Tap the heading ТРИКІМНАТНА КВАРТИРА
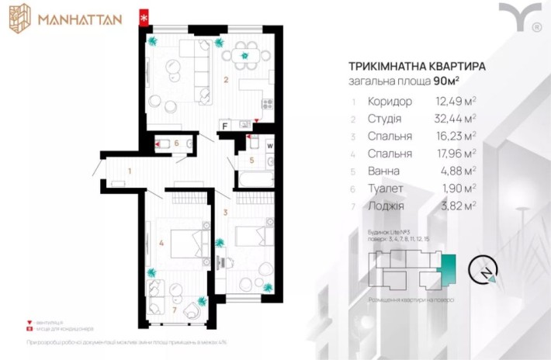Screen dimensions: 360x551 click(x=418, y=67)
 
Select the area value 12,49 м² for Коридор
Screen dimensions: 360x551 click(x=456, y=101)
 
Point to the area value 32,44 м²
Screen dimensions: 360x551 click(x=456, y=118)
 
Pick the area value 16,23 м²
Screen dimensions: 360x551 click(x=456, y=136)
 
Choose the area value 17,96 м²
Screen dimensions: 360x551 click(x=456, y=154)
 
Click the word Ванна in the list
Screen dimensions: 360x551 click(x=385, y=171)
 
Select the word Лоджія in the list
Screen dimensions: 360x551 click(x=388, y=206)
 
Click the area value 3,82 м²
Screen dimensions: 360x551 click(x=458, y=206)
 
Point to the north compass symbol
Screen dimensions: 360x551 click(x=487, y=272)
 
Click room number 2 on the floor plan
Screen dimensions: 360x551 click(x=226, y=79)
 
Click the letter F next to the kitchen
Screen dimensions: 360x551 click(x=224, y=125)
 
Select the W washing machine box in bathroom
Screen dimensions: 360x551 click(x=269, y=144)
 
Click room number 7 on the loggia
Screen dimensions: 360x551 click(x=175, y=311)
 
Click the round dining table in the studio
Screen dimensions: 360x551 click(x=245, y=55)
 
